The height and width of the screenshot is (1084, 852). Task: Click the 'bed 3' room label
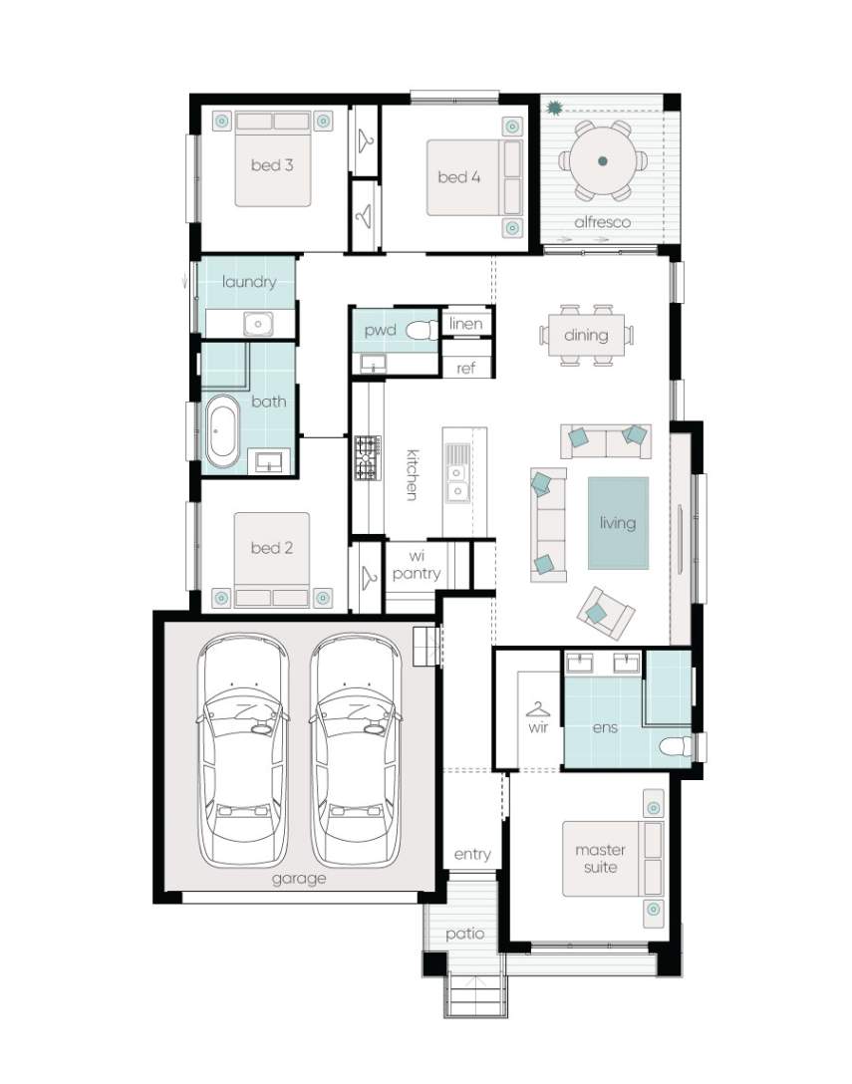tap(272, 165)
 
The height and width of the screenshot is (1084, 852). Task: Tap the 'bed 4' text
tap(458, 177)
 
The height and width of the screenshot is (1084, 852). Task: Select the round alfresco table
tap(603, 161)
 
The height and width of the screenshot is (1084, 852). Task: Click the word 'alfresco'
tap(602, 222)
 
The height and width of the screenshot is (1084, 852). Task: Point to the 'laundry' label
tap(249, 282)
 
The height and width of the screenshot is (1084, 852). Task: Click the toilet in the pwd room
tap(422, 331)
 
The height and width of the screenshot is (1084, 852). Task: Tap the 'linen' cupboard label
tap(465, 324)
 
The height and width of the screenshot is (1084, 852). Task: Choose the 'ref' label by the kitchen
tap(465, 369)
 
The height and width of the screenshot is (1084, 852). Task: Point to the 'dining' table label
tap(586, 336)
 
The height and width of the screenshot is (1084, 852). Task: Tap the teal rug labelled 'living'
tap(618, 523)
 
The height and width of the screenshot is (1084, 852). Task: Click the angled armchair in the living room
tap(605, 613)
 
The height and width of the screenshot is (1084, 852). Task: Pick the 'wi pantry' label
tap(417, 565)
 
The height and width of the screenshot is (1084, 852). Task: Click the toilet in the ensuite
tap(675, 746)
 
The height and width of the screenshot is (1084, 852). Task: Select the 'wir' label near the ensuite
tap(538, 727)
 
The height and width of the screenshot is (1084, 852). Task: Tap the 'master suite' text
tap(600, 859)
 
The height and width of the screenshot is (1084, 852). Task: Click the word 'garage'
tap(299, 879)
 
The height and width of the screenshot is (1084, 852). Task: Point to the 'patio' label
tap(464, 934)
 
